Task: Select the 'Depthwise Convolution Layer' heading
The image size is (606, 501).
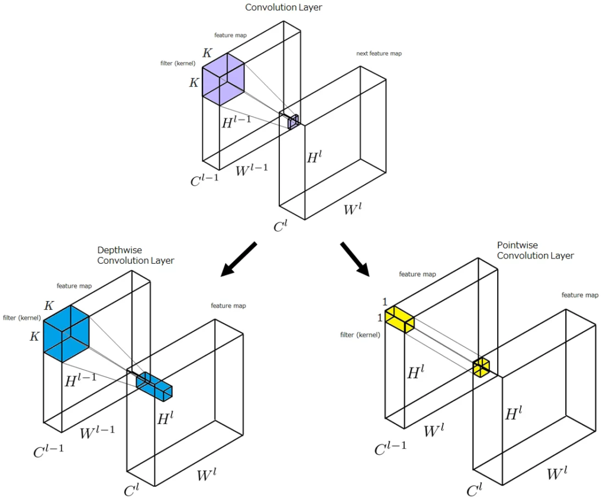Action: click(136, 256)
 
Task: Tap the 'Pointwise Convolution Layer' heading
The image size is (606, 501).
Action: click(535, 250)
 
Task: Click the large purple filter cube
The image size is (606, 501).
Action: click(223, 79)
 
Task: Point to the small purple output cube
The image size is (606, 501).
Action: click(293, 122)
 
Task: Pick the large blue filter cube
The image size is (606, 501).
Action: click(66, 334)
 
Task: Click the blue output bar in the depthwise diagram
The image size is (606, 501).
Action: click(154, 386)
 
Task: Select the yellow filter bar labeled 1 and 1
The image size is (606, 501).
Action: click(399, 320)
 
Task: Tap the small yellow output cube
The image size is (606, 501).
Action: click(481, 367)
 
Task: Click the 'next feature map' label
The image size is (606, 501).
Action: click(379, 54)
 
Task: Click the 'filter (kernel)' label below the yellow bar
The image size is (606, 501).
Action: click(360, 335)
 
